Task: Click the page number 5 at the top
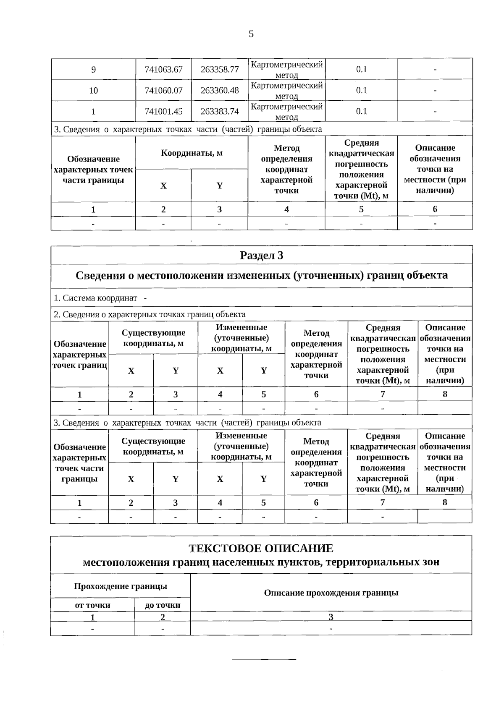pyautogui.click(x=251, y=34)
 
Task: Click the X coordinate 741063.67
pyautogui.click(x=163, y=69)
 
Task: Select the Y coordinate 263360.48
pyautogui.click(x=220, y=90)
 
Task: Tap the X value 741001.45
pyautogui.click(x=163, y=111)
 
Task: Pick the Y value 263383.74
pyautogui.click(x=220, y=111)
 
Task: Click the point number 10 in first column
pyautogui.click(x=93, y=90)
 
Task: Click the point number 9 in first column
pyautogui.click(x=93, y=69)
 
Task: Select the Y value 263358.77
pyautogui.click(x=220, y=69)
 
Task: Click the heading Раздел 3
pyautogui.click(x=261, y=255)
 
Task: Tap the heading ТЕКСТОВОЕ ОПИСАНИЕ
pyautogui.click(x=261, y=548)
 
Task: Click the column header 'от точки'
pyautogui.click(x=92, y=605)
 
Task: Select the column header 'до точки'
pyautogui.click(x=163, y=605)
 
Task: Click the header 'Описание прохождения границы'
pyautogui.click(x=331, y=593)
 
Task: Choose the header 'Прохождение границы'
pyautogui.click(x=120, y=586)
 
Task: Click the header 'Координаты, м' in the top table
pyautogui.click(x=192, y=153)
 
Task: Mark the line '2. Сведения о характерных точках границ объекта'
pyautogui.click(x=150, y=314)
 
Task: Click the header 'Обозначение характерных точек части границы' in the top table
pyautogui.click(x=93, y=170)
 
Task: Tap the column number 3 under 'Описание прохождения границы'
pyautogui.click(x=331, y=617)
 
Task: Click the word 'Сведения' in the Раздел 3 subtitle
pyautogui.click(x=100, y=275)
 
